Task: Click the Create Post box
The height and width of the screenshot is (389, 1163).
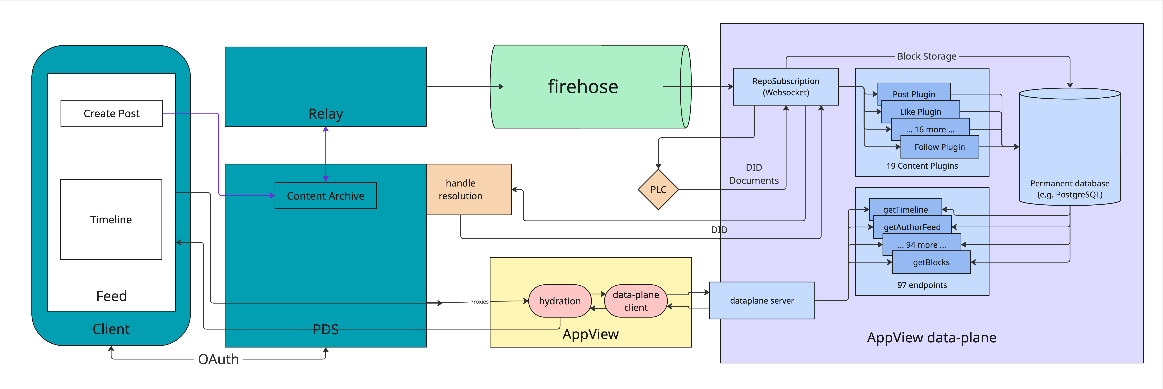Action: coord(111,113)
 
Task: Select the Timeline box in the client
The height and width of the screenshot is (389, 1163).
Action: coord(111,220)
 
